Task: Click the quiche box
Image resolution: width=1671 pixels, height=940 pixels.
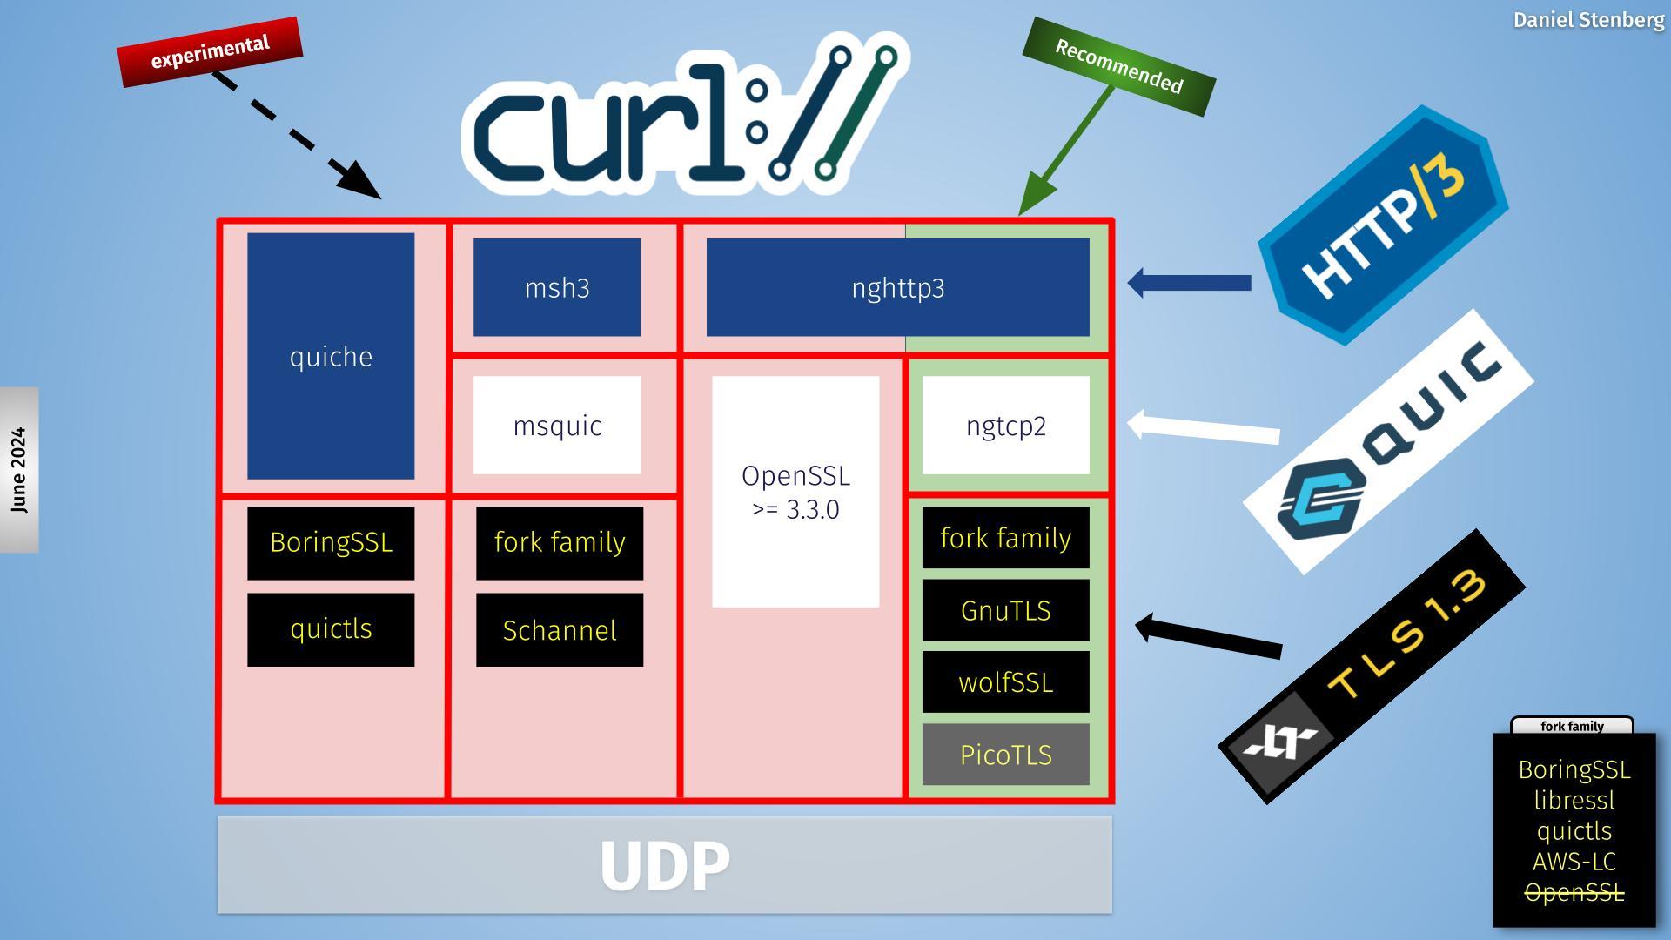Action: (331, 356)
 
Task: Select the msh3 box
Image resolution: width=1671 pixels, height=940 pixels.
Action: (557, 287)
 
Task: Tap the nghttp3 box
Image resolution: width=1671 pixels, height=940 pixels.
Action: (897, 287)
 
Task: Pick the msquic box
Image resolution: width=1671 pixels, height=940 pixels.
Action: (557, 426)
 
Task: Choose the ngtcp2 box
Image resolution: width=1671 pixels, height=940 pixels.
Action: (1005, 426)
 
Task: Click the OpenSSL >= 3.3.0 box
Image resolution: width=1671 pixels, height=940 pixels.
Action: (795, 492)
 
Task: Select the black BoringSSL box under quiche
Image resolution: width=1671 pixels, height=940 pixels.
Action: (331, 542)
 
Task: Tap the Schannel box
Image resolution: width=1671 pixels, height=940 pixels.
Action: (560, 630)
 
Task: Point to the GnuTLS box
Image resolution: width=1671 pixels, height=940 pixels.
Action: (1005, 610)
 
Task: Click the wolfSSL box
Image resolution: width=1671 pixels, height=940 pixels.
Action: (1005, 682)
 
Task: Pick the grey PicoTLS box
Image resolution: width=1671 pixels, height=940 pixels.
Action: (1005, 755)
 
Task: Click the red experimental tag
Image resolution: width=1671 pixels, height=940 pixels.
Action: (210, 52)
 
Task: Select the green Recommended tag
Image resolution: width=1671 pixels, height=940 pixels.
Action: (1118, 67)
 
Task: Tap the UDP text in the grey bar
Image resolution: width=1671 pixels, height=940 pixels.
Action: (665, 865)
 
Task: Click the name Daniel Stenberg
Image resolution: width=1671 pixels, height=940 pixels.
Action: (1588, 20)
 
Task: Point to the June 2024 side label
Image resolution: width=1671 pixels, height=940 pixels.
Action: (19, 470)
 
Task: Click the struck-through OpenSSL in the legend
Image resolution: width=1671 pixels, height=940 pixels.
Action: (1574, 893)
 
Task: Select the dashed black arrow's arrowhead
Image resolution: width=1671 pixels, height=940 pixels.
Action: (359, 179)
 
